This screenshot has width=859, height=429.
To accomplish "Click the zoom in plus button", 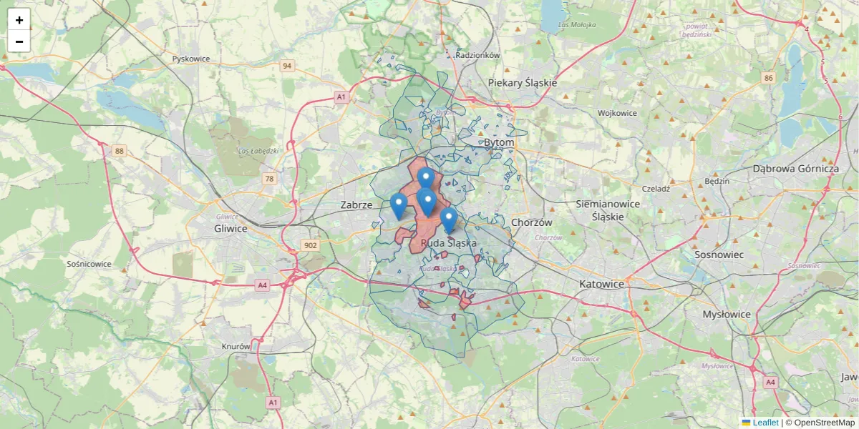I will coord(19,20).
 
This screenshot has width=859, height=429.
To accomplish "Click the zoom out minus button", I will coord(19,41).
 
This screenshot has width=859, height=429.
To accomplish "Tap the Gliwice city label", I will coord(230,229).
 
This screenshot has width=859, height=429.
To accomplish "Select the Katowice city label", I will coord(601,284).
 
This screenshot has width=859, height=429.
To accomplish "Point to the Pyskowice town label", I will coord(191,59).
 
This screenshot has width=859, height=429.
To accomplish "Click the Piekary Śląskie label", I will coord(523,83).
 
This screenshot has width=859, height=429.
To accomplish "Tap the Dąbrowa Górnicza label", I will coord(795,169).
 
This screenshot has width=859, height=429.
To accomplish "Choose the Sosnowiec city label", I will coord(719,255).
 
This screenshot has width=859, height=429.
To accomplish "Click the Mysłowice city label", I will coord(726,314).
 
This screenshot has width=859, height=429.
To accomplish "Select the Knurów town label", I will coord(236,346).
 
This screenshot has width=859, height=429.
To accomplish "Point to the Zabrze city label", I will coord(356,205).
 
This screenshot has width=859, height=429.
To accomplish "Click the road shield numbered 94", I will coord(287,66).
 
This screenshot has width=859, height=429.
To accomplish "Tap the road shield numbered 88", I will coord(119,150).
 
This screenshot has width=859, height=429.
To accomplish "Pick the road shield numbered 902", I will coord(310,245).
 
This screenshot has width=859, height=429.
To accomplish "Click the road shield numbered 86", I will coord(769,78).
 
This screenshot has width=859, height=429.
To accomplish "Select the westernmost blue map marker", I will coord(399,206).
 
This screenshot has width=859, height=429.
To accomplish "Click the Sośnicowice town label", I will coord(89,264).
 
